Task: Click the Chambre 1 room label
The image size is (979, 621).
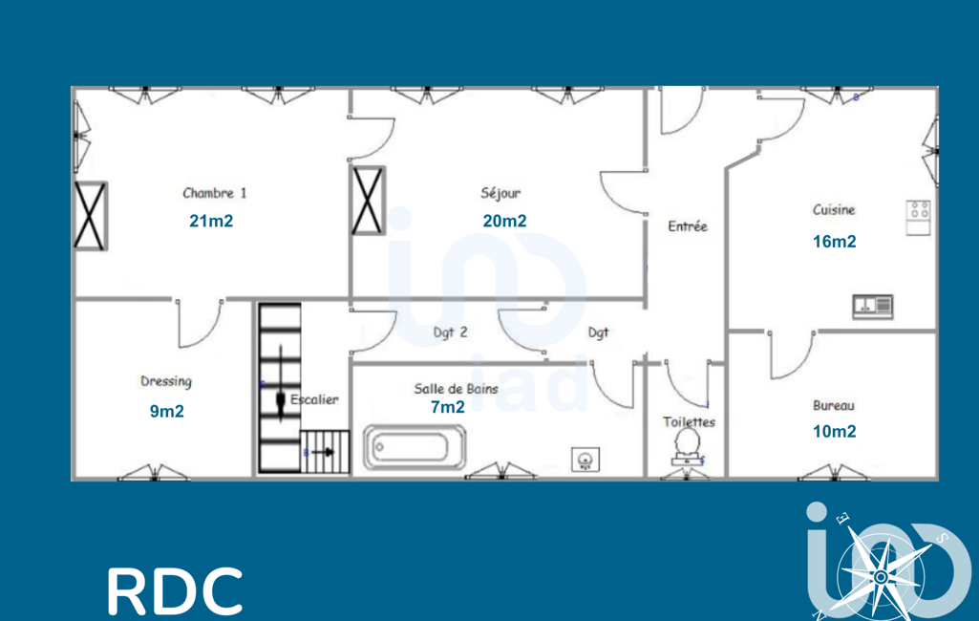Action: [x=215, y=193]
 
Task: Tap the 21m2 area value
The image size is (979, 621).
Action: [x=211, y=221]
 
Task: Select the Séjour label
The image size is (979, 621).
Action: [x=500, y=193]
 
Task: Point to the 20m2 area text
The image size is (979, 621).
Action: [x=504, y=221]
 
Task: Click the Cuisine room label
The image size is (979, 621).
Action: [x=834, y=210]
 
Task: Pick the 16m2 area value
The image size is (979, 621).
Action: [x=834, y=241]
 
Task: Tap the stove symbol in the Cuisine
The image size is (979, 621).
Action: [x=919, y=218]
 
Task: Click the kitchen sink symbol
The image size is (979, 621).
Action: [x=873, y=306]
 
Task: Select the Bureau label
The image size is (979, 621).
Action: [x=834, y=405]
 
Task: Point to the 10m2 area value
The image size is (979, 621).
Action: [x=834, y=431]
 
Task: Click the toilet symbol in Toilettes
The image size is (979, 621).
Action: [x=687, y=446]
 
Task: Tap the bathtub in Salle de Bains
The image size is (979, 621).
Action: [x=415, y=447]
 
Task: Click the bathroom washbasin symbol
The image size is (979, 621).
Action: [x=585, y=460]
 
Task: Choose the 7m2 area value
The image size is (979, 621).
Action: [x=448, y=407]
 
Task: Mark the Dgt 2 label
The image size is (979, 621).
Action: [x=450, y=332]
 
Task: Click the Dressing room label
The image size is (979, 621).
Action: [x=166, y=382]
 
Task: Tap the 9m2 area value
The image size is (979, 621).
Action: [x=167, y=411]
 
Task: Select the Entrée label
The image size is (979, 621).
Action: [x=688, y=226]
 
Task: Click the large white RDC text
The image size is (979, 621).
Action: [x=175, y=590]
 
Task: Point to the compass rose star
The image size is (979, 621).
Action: [x=881, y=577]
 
